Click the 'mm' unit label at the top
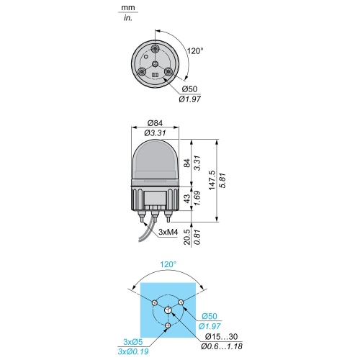[128, 8]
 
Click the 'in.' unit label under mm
[128, 18]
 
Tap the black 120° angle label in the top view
[195, 51]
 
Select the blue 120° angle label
[168, 264]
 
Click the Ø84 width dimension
[156, 123]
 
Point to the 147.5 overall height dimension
[212, 180]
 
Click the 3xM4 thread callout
[168, 232]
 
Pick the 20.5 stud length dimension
[187, 237]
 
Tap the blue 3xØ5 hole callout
[133, 341]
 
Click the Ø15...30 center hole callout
[222, 336]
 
